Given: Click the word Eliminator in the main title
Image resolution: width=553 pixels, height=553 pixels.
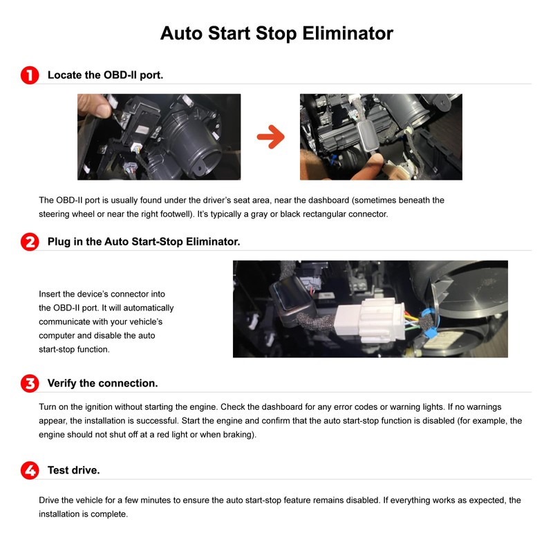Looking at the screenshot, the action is point(348,33).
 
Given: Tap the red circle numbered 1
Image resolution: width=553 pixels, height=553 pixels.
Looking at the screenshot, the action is point(30,75).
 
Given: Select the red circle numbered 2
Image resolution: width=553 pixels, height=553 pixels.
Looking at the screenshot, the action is point(30,242).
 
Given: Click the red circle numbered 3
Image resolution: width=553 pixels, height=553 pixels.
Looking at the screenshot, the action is point(30,384).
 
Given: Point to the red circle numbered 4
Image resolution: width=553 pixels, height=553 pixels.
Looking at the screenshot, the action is point(30,471).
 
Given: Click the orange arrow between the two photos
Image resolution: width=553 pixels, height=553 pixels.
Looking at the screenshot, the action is point(271,137).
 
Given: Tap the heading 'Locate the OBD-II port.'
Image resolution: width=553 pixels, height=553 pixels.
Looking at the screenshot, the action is point(106,75).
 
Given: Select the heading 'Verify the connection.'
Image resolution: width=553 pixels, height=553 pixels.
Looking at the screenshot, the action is point(102,384).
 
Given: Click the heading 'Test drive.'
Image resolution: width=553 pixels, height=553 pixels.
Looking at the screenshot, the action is point(74,471).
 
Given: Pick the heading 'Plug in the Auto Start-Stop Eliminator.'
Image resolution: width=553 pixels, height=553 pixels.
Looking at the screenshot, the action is point(144,242).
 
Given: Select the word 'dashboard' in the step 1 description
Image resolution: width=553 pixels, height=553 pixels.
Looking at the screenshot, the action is point(329,200).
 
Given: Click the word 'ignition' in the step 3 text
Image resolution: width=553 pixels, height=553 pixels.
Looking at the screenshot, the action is point(99,407).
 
